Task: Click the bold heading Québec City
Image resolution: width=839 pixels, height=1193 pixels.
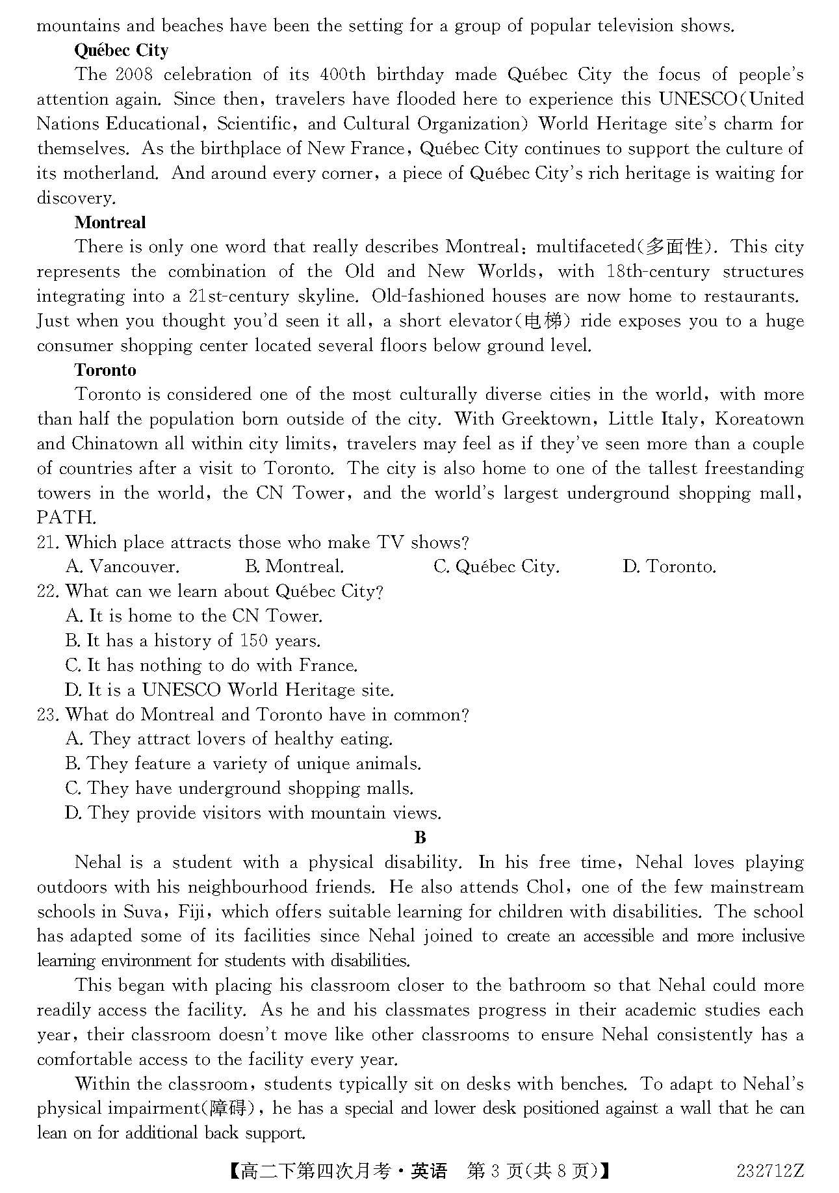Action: pyautogui.click(x=121, y=51)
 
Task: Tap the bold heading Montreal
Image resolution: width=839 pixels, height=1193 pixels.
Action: pyautogui.click(x=110, y=222)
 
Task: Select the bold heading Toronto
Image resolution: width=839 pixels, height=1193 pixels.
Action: pyautogui.click(x=105, y=370)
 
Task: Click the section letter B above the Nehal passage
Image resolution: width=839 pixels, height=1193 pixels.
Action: pyautogui.click(x=420, y=837)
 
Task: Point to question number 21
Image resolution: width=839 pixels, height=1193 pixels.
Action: pyautogui.click(x=48, y=542)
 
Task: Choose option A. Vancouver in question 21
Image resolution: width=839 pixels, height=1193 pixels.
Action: pyautogui.click(x=122, y=567)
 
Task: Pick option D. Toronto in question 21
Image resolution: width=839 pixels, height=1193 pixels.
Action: pyautogui.click(x=669, y=567)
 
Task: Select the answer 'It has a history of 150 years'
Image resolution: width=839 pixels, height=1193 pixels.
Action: pyautogui.click(x=193, y=641)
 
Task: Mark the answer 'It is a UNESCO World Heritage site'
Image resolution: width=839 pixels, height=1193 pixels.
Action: pyautogui.click(x=229, y=690)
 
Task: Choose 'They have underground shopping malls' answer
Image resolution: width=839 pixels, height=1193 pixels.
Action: pyautogui.click(x=239, y=789)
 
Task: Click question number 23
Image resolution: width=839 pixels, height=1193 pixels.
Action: pyautogui.click(x=48, y=714)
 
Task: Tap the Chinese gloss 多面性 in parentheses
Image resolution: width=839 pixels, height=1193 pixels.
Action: pyautogui.click(x=676, y=247)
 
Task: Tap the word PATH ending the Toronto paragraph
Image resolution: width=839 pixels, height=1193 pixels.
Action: pyautogui.click(x=66, y=518)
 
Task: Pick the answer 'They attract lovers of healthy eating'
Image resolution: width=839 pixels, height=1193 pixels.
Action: pyautogui.click(x=229, y=739)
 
